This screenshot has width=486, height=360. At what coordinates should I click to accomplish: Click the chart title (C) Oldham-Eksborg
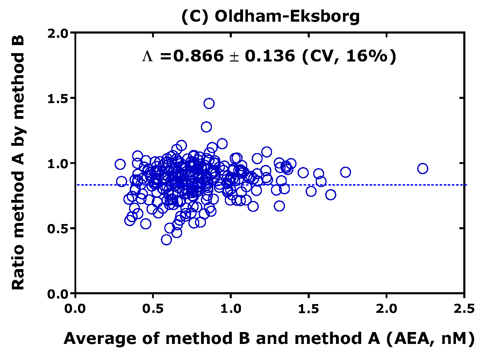[x=270, y=16]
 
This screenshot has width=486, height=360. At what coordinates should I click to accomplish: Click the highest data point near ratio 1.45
[x=209, y=103]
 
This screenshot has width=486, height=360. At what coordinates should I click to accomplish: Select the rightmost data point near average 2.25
[x=423, y=168]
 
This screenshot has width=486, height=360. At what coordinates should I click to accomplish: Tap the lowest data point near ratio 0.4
[x=166, y=240]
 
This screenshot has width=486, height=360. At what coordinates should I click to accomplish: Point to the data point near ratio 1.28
[x=206, y=127]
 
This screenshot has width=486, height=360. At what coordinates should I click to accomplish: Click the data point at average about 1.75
[x=345, y=172]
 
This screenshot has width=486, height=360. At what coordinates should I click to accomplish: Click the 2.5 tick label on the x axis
[x=464, y=309]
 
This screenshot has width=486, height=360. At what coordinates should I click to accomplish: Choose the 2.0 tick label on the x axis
[x=386, y=309]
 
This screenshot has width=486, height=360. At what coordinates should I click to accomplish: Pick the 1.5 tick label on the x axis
[x=308, y=309]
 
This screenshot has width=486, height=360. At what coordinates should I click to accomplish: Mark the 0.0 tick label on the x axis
[x=76, y=309]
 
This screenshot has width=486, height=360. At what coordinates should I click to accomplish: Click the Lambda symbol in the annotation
[x=148, y=56]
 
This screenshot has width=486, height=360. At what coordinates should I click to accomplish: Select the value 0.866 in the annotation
[x=198, y=56]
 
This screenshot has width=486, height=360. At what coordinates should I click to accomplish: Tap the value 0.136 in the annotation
[x=270, y=56]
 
